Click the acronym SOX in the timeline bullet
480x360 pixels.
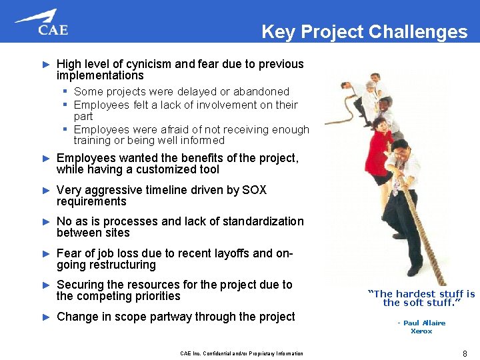pyautogui.click(x=253, y=190)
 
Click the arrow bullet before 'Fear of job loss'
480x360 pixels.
pyautogui.click(x=46, y=254)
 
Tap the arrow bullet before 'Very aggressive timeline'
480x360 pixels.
pyautogui.click(x=46, y=191)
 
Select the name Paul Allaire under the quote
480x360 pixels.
pyautogui.click(x=424, y=323)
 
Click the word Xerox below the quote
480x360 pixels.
pyautogui.click(x=421, y=331)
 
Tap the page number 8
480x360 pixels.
pyautogui.click(x=464, y=353)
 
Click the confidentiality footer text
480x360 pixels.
pyautogui.click(x=241, y=353)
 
